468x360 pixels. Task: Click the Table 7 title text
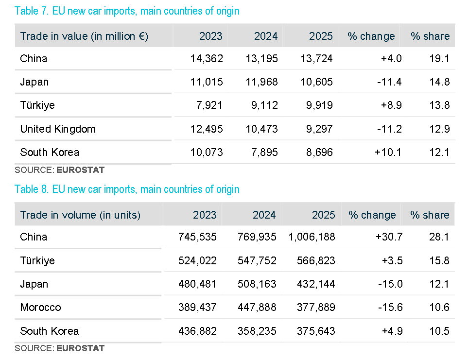pos(127,11)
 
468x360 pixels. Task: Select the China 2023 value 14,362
pos(207,59)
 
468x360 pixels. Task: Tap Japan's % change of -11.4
pos(389,82)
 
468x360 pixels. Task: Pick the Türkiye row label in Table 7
pos(37,105)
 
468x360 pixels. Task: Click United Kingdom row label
pos(58,129)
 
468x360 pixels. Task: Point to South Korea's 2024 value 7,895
pos(262,153)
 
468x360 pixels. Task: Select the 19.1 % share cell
pos(440,59)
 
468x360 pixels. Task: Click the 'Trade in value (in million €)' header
pos(84,36)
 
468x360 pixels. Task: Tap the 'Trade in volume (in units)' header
pos(80,215)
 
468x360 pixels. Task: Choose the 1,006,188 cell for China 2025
pos(312,237)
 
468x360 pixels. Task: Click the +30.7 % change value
pos(389,237)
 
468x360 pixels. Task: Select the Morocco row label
pos(40,308)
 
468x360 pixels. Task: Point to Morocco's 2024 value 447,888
pos(257,308)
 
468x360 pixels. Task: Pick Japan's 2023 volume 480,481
pos(197,284)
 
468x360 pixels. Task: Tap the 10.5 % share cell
pos(439,331)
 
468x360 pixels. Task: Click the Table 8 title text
pos(127,189)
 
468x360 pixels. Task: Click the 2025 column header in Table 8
pos(323,215)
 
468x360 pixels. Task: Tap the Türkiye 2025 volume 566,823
pos(316,261)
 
